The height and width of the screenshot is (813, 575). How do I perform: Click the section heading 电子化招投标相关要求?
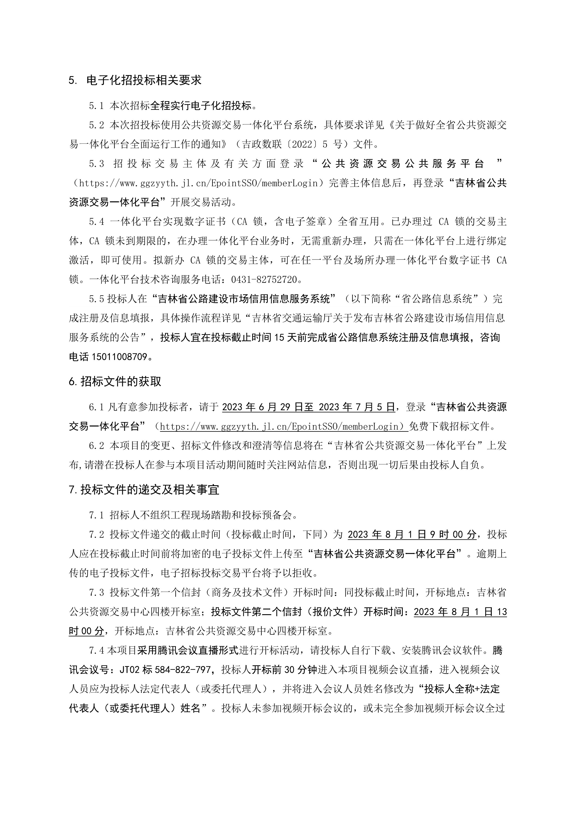coord(144,80)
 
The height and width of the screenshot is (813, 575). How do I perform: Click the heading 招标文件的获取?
coord(121,381)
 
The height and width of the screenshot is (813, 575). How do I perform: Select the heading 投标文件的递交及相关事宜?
coord(150,490)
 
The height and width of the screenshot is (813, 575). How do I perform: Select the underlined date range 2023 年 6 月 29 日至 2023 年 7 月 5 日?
coord(308,407)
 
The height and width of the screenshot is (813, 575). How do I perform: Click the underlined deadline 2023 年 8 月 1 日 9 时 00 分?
coord(412,534)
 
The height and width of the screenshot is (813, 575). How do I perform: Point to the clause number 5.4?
coord(96,222)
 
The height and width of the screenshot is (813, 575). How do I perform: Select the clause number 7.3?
coord(96,592)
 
